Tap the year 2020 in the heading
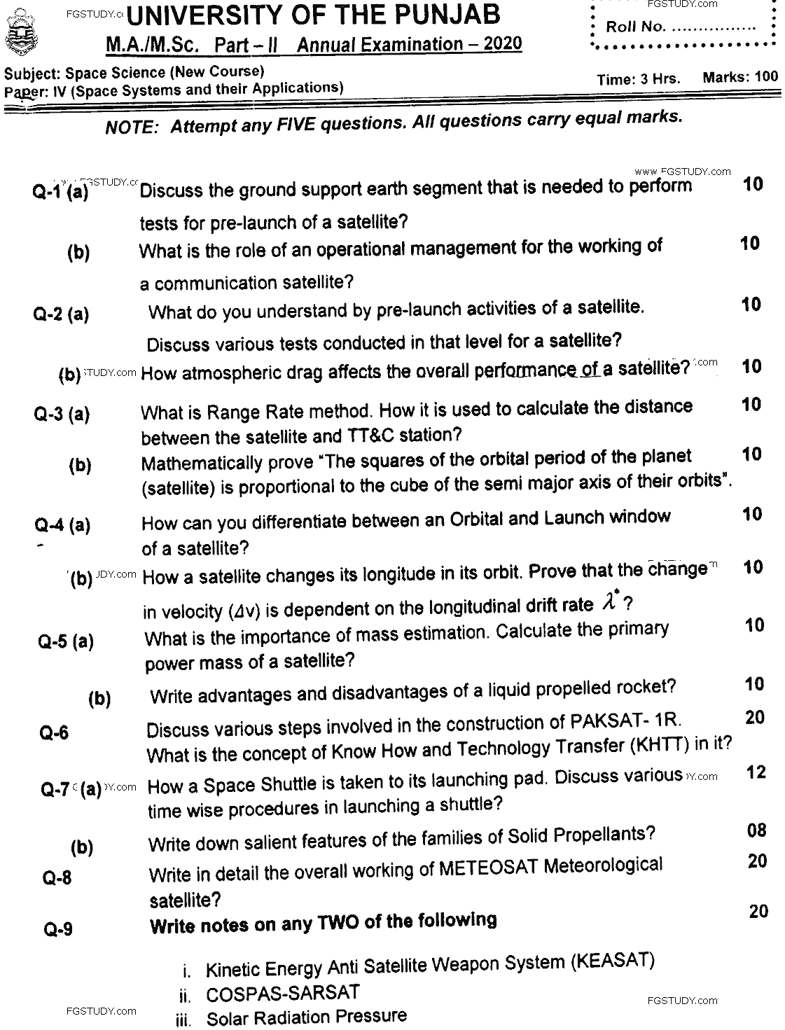[x=502, y=43]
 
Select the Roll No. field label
[x=634, y=27]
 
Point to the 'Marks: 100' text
[x=740, y=76]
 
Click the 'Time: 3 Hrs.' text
[x=639, y=79]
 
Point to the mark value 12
[x=756, y=772]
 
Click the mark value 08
[x=757, y=830]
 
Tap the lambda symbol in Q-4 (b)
[x=609, y=602]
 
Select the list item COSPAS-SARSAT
[x=282, y=993]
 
